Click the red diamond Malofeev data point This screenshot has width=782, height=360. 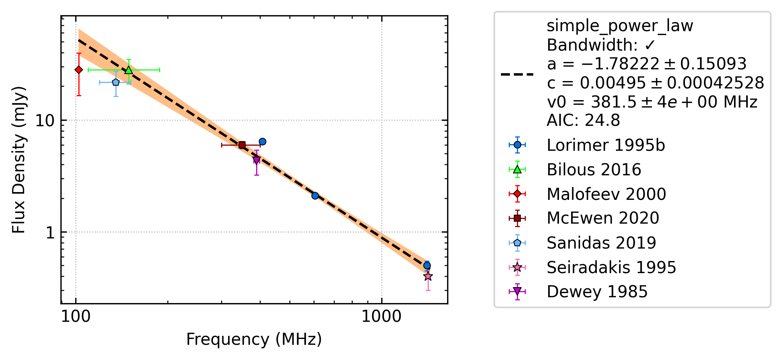coord(79,70)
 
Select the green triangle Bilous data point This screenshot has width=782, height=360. coord(129,70)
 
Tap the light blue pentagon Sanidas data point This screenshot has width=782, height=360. coord(116,82)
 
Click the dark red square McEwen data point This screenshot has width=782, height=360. coord(242,145)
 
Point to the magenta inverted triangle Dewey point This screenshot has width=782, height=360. coord(256,160)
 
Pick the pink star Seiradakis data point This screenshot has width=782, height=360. coord(428,276)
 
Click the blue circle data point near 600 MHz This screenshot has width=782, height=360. coord(315,196)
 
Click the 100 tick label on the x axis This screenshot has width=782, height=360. coord(76,317)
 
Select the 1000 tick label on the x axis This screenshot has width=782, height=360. coord(381,317)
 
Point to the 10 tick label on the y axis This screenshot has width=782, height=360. coord(45,120)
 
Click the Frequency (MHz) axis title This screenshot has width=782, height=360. coord(254,339)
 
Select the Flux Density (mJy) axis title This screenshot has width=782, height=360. coord(18,160)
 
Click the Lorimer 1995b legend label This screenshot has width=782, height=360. coord(606,145)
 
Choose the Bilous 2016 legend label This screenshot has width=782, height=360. coord(594,170)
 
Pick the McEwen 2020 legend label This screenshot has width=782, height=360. coord(603,218)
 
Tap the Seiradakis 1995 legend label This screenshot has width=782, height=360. coord(611,267)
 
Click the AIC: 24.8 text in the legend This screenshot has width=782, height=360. coord(583,120)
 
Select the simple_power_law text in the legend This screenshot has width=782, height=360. coord(620,26)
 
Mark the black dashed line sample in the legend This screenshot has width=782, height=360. coord(517,74)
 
